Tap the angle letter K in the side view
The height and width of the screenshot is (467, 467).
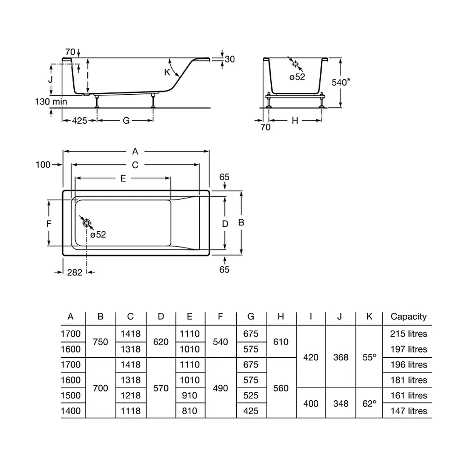[167, 72]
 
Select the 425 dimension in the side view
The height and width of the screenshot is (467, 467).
[79, 120]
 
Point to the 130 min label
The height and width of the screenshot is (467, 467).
[51, 101]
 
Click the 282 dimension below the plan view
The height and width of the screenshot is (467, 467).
[74, 273]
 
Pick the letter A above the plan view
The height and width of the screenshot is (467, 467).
[135, 151]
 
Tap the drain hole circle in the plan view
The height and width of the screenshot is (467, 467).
[87, 223]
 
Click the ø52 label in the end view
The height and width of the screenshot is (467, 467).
[297, 77]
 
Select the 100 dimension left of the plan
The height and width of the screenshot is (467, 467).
[43, 165]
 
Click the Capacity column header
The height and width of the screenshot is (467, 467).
[408, 317]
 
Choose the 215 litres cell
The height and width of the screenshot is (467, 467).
[409, 334]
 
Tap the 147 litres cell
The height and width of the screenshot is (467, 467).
[409, 411]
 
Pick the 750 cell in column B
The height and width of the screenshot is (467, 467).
[100, 342]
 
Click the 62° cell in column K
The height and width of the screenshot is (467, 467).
[369, 404]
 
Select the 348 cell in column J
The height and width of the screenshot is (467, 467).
[341, 404]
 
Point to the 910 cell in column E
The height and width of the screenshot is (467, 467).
[190, 396]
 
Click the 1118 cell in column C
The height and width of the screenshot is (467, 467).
[130, 411]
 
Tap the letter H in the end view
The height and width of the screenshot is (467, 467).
[295, 120]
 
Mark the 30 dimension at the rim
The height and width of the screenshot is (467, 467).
[230, 59]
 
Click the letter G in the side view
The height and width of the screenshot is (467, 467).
[126, 120]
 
